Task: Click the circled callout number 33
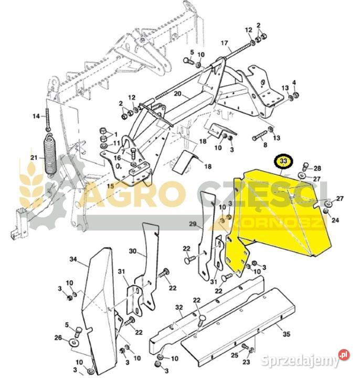click(x=284, y=161)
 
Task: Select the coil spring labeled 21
click(x=50, y=154)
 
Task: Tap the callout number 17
click(x=224, y=43)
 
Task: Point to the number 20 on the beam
click(x=177, y=93)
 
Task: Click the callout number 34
click(x=73, y=259)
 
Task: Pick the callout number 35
click(x=287, y=334)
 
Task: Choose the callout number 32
click(x=179, y=307)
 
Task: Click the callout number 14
click(x=36, y=116)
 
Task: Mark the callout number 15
click(x=111, y=186)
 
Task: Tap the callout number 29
click(x=193, y=224)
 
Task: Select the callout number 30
click(x=133, y=251)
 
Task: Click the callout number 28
click(x=317, y=169)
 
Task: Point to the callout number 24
click(x=335, y=220)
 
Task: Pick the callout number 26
click(x=58, y=338)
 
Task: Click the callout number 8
click(x=266, y=145)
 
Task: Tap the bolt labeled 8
click(x=259, y=136)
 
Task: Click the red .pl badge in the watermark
click(x=344, y=354)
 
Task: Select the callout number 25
click(x=235, y=355)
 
